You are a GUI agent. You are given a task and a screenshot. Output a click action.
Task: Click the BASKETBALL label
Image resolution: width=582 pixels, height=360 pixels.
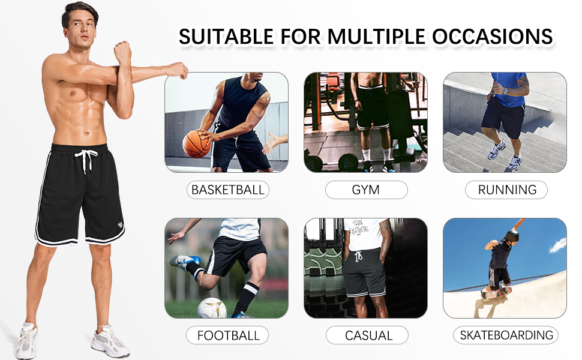point(227,190)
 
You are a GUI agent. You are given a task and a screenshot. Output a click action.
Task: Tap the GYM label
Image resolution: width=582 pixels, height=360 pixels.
point(366,190)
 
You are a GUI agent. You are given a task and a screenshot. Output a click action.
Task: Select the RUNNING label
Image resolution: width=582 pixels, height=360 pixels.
point(506,190)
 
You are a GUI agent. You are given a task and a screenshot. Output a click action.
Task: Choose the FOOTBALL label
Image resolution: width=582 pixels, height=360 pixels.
point(227,335)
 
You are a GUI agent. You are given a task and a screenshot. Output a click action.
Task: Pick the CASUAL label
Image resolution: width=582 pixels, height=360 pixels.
point(367,335)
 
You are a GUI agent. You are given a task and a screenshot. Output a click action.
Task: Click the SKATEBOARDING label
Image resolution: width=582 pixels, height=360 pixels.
point(506,335)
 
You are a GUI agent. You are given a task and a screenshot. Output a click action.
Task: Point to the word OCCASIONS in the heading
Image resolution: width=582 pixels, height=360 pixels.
point(492,37)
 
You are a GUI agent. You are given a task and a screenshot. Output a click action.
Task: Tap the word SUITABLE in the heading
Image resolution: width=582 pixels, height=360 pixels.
point(226,37)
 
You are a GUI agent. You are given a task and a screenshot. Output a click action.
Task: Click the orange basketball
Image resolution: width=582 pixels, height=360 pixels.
point(196,144)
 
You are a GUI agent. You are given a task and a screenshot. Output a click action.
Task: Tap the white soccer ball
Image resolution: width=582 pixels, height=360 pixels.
point(212,308)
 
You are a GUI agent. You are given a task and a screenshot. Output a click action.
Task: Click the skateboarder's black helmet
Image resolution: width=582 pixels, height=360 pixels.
point(512,236)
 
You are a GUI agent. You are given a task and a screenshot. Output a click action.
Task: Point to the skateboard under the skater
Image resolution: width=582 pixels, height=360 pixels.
point(496,293)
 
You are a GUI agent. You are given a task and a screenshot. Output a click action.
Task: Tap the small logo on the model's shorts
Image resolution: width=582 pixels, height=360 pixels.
point(120,224)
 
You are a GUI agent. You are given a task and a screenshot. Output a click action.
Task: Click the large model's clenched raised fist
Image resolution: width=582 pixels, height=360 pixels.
point(122,52)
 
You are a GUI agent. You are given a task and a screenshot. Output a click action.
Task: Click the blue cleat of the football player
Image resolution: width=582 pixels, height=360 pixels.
point(185,262)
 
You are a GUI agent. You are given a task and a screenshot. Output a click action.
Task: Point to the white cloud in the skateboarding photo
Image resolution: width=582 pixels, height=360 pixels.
point(558,245)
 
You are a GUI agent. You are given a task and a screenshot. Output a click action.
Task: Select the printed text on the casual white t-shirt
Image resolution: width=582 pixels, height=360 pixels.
point(359,227)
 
